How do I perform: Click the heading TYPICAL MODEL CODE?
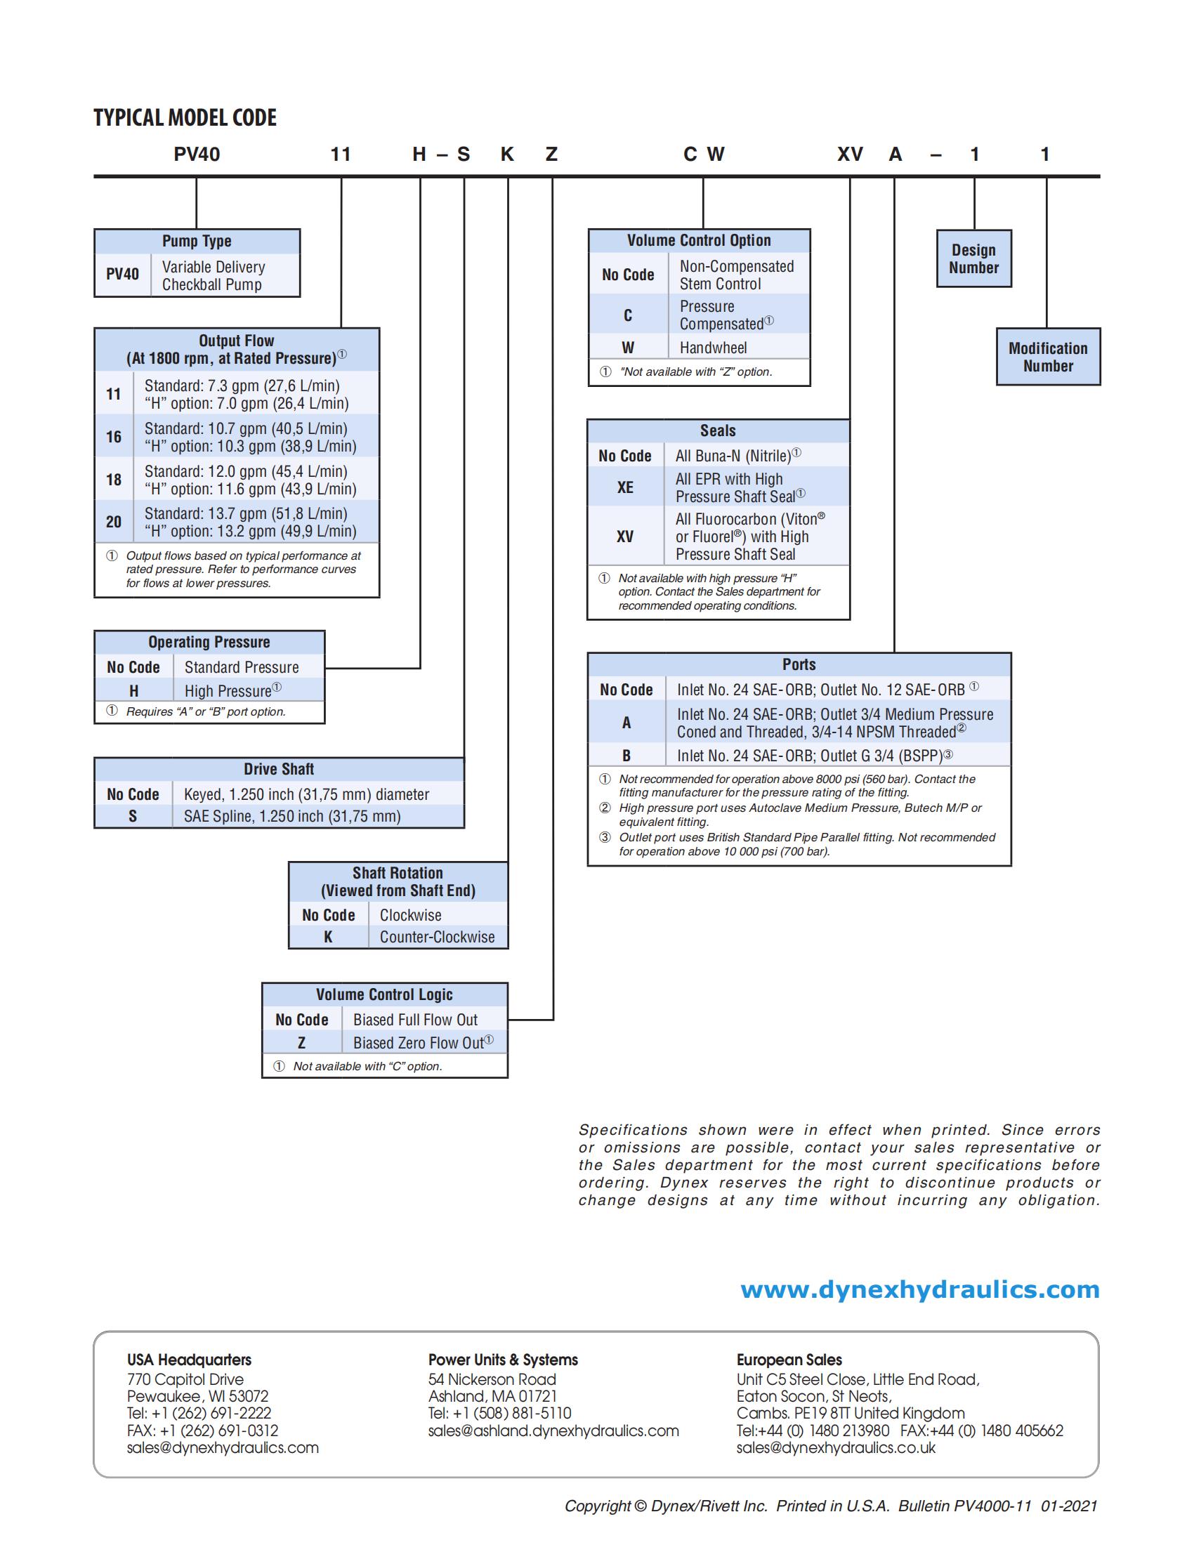[x=185, y=117]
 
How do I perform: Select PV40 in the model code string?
[x=197, y=154]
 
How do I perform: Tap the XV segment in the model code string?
[x=850, y=154]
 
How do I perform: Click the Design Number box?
[x=973, y=259]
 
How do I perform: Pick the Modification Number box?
[x=1048, y=357]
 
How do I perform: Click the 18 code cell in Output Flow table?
[x=114, y=480]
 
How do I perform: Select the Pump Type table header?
[x=197, y=241]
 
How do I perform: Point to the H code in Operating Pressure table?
[x=133, y=690]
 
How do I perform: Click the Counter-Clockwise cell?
[x=437, y=937]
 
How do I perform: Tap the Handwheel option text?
[x=713, y=348]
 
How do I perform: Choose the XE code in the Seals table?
[x=625, y=487]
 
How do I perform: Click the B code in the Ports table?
[x=626, y=756]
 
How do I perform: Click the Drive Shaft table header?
[x=279, y=769]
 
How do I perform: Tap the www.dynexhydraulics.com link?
[x=919, y=1289]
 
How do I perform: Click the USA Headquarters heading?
[x=189, y=1360]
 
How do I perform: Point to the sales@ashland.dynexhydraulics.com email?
[x=553, y=1431]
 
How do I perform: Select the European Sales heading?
[x=789, y=1360]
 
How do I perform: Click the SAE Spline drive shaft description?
[x=292, y=816]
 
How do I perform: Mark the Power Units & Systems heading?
[x=502, y=1360]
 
